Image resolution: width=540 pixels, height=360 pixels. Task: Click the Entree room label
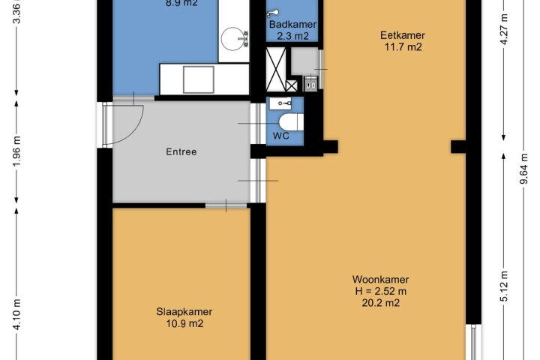(181, 152)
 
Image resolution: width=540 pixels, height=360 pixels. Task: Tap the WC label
(281, 136)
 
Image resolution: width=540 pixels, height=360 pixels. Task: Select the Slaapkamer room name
(184, 312)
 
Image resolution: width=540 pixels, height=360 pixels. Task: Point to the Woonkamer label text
(380, 280)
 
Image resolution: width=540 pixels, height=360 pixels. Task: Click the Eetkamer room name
(403, 35)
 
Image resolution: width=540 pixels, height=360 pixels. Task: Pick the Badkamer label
(292, 25)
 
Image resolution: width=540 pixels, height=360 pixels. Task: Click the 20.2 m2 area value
(380, 303)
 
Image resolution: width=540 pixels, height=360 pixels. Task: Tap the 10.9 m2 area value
(184, 323)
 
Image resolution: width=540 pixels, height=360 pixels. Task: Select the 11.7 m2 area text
(403, 47)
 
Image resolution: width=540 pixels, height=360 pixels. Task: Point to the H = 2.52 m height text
(380, 291)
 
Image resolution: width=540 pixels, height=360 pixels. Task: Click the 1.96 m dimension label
(17, 151)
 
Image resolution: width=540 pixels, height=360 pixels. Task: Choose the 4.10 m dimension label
(17, 314)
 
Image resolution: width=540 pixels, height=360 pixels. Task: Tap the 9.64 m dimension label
(523, 169)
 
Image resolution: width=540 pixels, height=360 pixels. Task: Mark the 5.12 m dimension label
(504, 286)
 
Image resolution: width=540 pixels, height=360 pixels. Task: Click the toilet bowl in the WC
(291, 122)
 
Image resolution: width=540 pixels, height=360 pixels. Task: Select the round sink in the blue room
(232, 39)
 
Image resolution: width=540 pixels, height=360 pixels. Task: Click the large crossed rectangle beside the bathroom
(276, 70)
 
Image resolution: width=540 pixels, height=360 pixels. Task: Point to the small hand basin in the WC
(280, 103)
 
